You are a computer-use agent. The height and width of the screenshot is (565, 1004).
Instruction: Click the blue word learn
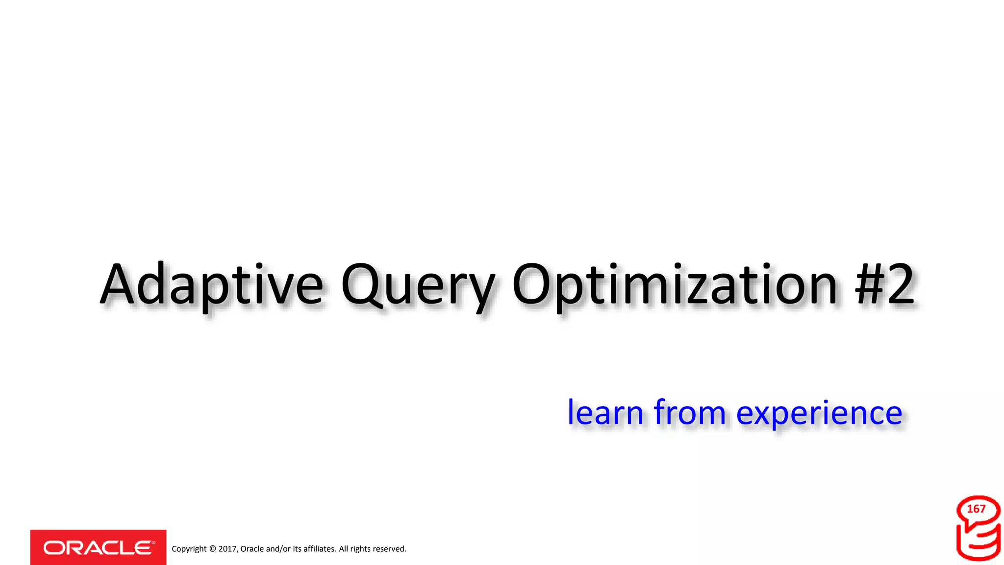click(605, 412)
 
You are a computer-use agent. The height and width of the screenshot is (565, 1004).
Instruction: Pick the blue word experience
click(819, 413)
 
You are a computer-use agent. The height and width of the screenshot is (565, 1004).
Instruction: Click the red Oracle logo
click(98, 547)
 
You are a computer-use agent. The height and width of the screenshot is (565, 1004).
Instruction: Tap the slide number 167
click(976, 509)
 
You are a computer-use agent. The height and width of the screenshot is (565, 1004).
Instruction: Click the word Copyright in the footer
click(189, 549)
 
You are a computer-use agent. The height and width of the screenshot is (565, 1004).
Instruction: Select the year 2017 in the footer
click(227, 549)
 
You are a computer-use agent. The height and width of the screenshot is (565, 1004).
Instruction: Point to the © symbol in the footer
click(212, 549)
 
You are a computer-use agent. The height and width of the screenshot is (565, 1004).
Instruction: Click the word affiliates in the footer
click(320, 549)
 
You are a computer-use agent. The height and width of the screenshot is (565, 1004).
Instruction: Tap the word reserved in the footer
click(390, 549)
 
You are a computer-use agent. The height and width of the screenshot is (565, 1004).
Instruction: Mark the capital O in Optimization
click(531, 284)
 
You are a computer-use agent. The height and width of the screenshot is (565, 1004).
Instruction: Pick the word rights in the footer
click(360, 549)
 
